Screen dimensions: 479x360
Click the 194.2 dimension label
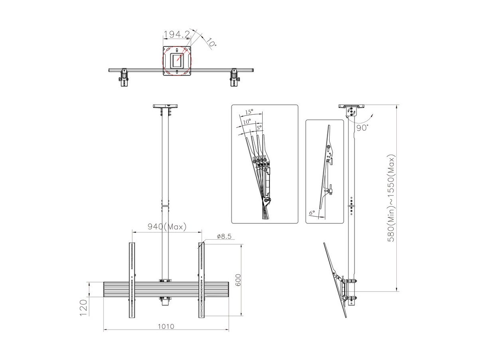tap(177, 34)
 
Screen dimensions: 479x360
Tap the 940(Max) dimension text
tap(167, 227)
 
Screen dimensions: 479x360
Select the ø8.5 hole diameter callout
tap(224, 236)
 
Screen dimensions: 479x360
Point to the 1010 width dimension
tap(166, 326)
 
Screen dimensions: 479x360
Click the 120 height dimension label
tap(83, 308)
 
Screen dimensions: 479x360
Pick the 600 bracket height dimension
tap(238, 280)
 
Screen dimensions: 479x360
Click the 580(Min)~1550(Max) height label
tap(391, 198)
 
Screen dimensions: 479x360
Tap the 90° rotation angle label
tap(362, 128)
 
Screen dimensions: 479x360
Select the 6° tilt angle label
tap(312, 212)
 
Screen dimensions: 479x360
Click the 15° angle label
tap(249, 112)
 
